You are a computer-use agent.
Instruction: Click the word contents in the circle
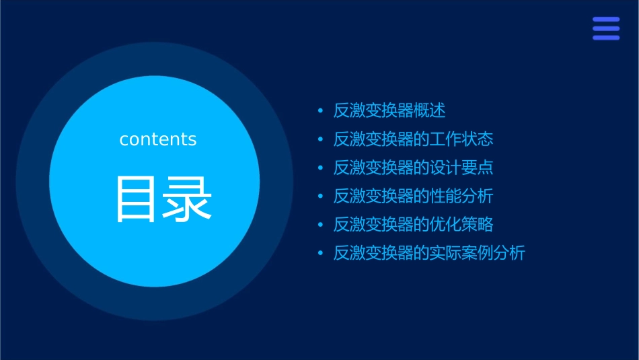[x=158, y=139]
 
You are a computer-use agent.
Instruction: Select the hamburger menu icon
[x=606, y=29]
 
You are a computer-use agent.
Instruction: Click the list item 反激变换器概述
[x=389, y=110]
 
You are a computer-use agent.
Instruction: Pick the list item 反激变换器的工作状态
[x=414, y=139]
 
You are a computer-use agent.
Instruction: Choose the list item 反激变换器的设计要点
[x=414, y=168]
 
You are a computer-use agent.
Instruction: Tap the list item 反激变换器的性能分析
[x=414, y=196]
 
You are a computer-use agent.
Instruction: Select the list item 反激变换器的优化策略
[x=414, y=225]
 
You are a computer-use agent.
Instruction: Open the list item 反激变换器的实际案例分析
[x=429, y=254]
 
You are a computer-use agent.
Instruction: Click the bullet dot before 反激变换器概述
[x=320, y=111]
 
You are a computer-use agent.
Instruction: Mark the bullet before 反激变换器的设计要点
[x=320, y=168]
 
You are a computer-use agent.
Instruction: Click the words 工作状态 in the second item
[x=461, y=139]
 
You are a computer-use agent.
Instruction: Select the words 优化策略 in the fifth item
[x=461, y=225]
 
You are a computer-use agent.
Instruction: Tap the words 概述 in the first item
[x=430, y=110]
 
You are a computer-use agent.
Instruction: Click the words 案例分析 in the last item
[x=493, y=254]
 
